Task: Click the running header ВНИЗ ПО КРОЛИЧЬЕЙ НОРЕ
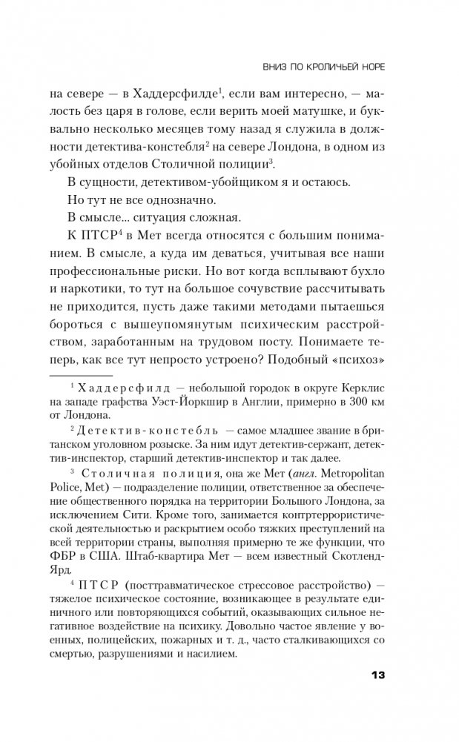pyautogui.click(x=323, y=66)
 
